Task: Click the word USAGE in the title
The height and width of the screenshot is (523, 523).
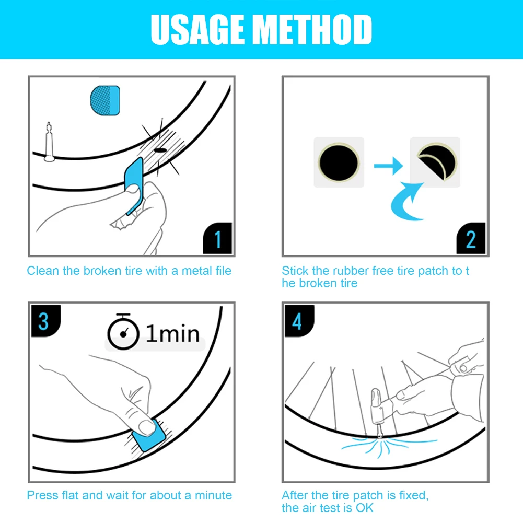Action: pos(197,29)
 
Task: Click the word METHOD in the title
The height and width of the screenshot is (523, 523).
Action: pos(312,29)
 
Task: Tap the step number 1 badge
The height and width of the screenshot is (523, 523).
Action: pos(217,238)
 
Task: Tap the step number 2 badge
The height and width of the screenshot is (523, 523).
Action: pos(471,238)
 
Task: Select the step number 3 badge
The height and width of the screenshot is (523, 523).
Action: pos(45,321)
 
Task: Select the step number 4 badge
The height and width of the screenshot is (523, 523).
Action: pos(299,321)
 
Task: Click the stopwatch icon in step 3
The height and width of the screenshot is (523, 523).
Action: pos(123,332)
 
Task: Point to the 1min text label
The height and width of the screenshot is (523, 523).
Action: pos(173,333)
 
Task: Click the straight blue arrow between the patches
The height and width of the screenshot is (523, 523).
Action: pos(388,166)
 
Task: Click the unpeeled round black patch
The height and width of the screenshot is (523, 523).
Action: pos(339,163)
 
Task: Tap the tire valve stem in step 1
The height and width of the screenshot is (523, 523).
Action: pos(49,143)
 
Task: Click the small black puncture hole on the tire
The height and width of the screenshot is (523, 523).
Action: pos(160,150)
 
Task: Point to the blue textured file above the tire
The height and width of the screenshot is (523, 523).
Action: pos(105,100)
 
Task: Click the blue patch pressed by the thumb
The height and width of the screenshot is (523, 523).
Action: pos(149,436)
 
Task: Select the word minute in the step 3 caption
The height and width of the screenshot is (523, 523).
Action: pos(213,495)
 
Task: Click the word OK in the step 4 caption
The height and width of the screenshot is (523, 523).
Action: pos(365,508)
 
